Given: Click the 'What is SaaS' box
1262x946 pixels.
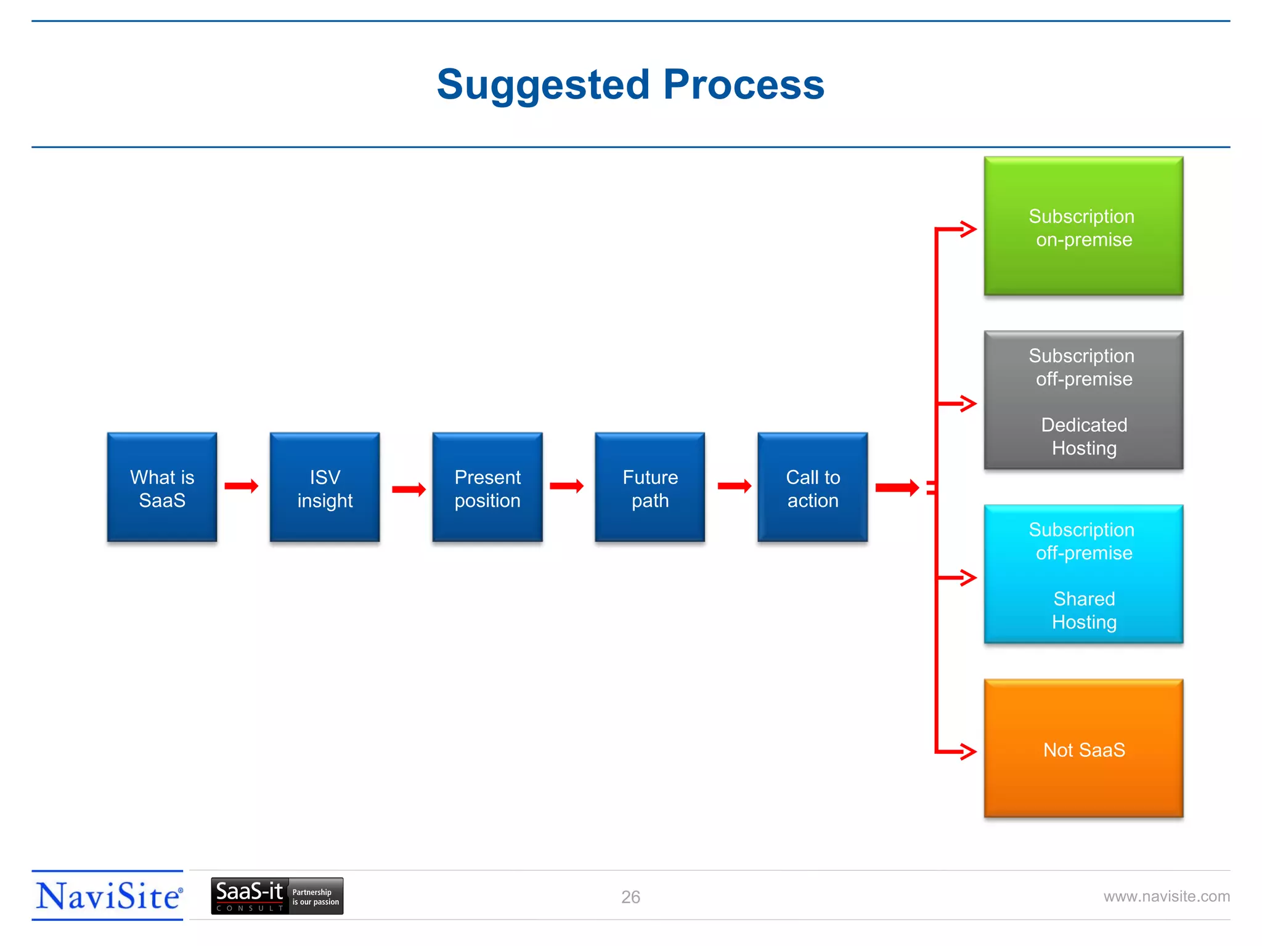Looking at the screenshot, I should pyautogui.click(x=162, y=487).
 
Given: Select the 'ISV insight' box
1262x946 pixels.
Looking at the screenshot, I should pyautogui.click(x=325, y=487).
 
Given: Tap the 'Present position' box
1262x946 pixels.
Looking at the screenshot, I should pyautogui.click(x=487, y=487).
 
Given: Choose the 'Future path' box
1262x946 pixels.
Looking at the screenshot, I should pyautogui.click(x=650, y=487).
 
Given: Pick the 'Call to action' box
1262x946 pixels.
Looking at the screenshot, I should pyautogui.click(x=813, y=487).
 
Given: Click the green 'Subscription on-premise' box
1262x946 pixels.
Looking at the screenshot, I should pyautogui.click(x=1083, y=227).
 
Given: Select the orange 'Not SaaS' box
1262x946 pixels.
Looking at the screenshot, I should pyautogui.click(x=1083, y=749).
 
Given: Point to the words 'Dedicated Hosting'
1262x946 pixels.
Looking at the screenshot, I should pyautogui.click(x=1084, y=437).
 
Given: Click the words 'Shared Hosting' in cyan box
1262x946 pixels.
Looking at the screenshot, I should pyautogui.click(x=1084, y=610).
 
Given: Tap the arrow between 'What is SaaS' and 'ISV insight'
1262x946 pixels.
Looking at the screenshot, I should pyautogui.click(x=242, y=487).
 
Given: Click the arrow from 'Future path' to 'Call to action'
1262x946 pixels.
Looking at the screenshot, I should pyautogui.click(x=735, y=487).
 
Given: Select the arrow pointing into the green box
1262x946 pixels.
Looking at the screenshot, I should pyautogui.click(x=961, y=229).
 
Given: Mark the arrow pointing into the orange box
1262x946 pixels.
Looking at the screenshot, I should pyautogui.click(x=961, y=751).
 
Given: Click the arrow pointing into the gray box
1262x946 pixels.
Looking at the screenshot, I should pyautogui.click(x=961, y=404).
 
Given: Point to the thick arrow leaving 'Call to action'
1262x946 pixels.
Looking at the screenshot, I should pyautogui.click(x=897, y=488).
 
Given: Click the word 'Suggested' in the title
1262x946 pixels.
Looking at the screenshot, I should pyautogui.click(x=543, y=85).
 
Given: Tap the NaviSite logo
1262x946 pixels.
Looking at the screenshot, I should pyautogui.click(x=108, y=896).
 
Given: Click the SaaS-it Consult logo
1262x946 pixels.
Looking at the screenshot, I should pyautogui.click(x=277, y=896).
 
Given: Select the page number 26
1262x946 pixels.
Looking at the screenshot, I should pyautogui.click(x=630, y=897).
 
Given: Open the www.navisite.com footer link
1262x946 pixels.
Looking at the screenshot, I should pyautogui.click(x=1166, y=896).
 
